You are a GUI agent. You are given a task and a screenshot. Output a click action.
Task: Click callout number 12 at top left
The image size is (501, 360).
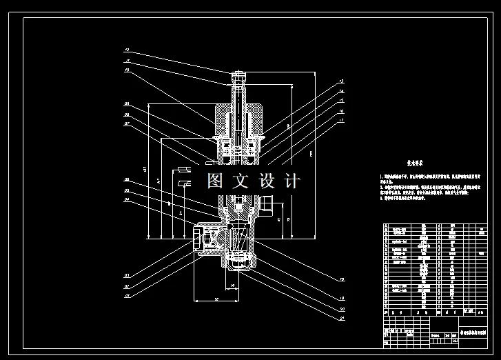point(127,50)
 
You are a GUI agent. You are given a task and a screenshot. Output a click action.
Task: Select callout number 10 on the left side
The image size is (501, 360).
point(127,70)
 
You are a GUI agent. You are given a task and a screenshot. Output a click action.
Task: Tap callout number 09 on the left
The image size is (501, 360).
point(127,104)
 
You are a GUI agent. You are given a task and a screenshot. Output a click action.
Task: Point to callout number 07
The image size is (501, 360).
point(127,124)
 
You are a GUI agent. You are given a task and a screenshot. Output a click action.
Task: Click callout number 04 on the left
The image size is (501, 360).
point(127,201)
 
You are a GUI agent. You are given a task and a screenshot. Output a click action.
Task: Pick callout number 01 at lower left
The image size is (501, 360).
point(127,276)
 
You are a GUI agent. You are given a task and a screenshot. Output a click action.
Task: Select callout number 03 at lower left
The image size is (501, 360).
point(127,295)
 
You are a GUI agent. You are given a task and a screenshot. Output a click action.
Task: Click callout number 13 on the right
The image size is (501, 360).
point(340,81)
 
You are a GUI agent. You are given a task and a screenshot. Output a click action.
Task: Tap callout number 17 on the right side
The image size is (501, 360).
point(340,121)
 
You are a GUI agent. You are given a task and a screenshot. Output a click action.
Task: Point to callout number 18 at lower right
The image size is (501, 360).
point(340,279)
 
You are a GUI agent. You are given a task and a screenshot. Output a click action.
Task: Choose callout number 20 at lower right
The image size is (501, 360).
point(340,309)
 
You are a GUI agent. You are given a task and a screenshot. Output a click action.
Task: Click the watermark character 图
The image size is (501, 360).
point(216,181)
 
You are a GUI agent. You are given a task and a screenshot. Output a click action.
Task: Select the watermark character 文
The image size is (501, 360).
point(241,181)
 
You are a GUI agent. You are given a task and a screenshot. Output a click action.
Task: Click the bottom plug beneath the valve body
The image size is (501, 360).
point(237,263)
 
